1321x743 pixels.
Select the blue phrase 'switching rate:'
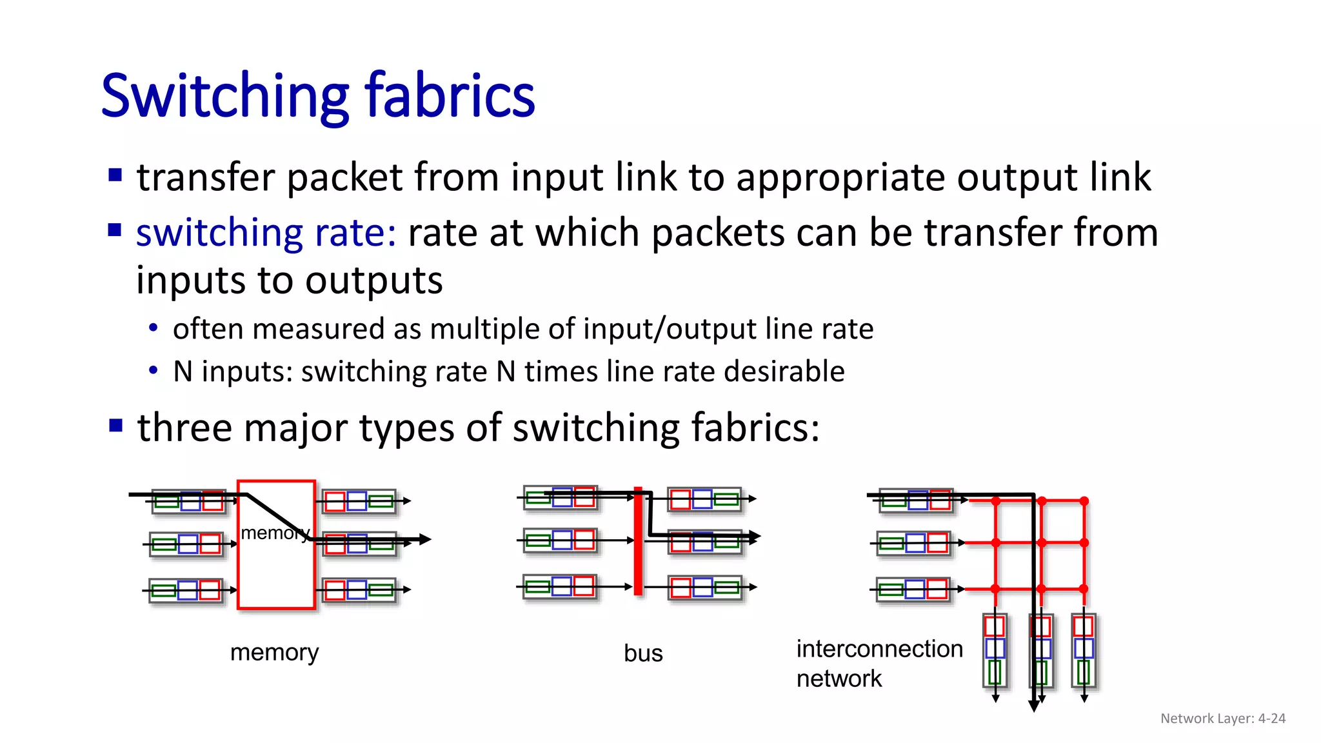pos(266,233)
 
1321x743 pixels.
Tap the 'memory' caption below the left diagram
pos(274,653)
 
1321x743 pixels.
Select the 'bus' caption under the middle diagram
pos(643,653)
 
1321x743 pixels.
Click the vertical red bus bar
pos(638,542)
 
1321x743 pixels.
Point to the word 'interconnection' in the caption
pos(879,649)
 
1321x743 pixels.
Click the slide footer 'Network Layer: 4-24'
pos(1222,718)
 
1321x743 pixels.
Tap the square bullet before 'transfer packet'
pos(115,175)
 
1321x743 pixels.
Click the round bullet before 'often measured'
pos(153,328)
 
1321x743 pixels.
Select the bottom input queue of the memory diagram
pos(186,590)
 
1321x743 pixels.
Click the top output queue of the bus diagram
pos(704,499)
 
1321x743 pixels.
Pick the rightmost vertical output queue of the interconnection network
pos(1083,649)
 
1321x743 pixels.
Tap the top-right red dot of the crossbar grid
pos(1084,501)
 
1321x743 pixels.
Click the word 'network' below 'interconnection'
pos(839,679)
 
